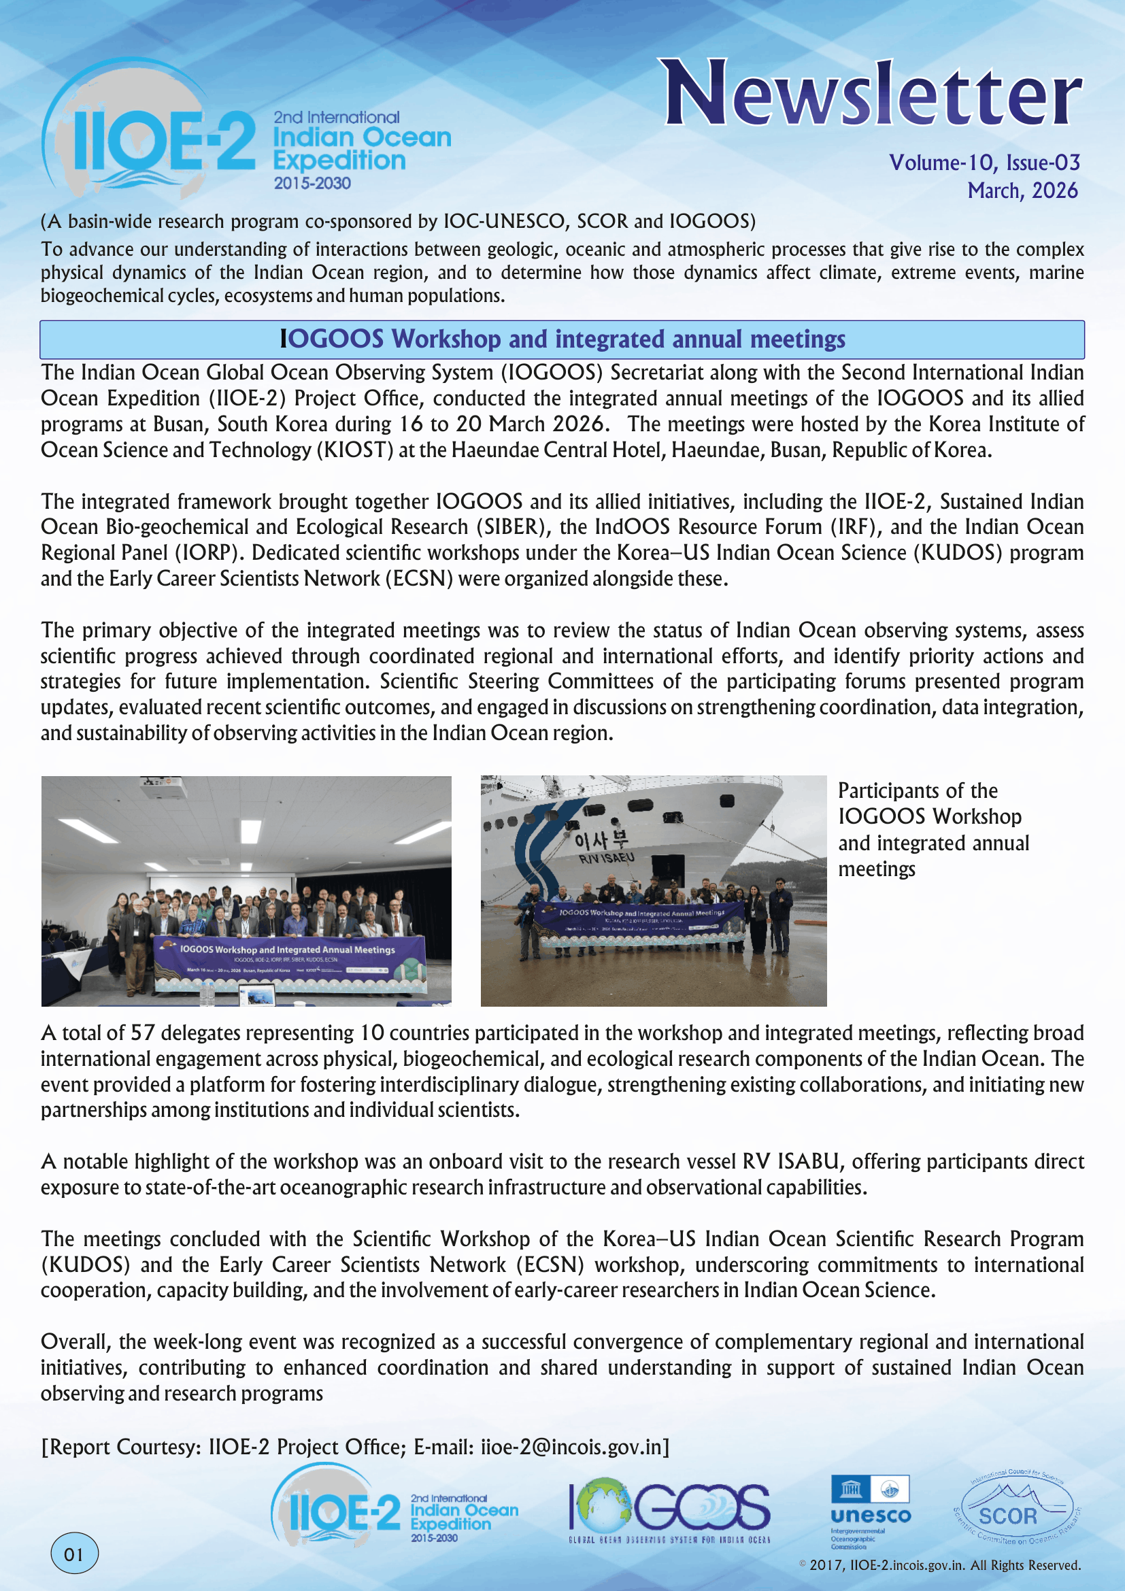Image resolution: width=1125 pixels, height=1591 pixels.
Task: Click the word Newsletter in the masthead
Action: pyautogui.click(x=872, y=94)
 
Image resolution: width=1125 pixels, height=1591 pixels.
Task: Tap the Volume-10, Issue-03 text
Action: pyautogui.click(x=984, y=163)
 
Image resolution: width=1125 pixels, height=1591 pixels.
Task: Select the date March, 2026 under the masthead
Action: pyautogui.click(x=1022, y=190)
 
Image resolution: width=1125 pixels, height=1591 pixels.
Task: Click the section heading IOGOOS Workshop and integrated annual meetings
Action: pyautogui.click(x=562, y=339)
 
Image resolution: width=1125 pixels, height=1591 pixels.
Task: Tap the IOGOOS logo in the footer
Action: pyautogui.click(x=669, y=1511)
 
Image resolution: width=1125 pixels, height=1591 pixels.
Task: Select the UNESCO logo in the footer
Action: pyautogui.click(x=870, y=1511)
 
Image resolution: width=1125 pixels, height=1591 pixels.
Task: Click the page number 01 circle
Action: pyautogui.click(x=74, y=1554)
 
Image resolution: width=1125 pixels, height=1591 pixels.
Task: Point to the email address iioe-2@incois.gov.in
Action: pyautogui.click(x=571, y=1447)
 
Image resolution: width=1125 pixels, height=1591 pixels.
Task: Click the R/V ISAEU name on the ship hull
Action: pyautogui.click(x=606, y=858)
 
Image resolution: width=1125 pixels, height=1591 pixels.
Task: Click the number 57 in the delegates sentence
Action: pyautogui.click(x=143, y=1033)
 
